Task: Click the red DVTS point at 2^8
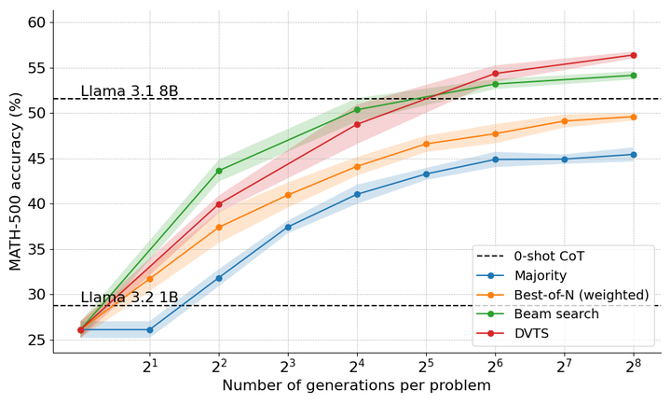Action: click(634, 55)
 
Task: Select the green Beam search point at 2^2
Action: click(219, 171)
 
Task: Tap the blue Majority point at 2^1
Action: click(150, 329)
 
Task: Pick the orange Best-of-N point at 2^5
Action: click(426, 144)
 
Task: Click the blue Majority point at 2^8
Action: click(634, 155)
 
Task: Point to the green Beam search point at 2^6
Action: click(495, 84)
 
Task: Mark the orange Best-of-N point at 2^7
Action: click(565, 121)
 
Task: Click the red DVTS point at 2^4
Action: click(357, 124)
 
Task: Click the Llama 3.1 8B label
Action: click(130, 91)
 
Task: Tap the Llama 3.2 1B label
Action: click(130, 298)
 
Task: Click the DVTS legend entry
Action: click(535, 334)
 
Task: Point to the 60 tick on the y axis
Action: click(37, 22)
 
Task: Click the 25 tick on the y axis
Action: click(37, 340)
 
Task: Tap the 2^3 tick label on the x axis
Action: click(288, 365)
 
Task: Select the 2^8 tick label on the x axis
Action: click(634, 365)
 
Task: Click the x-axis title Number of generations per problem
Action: click(357, 386)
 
